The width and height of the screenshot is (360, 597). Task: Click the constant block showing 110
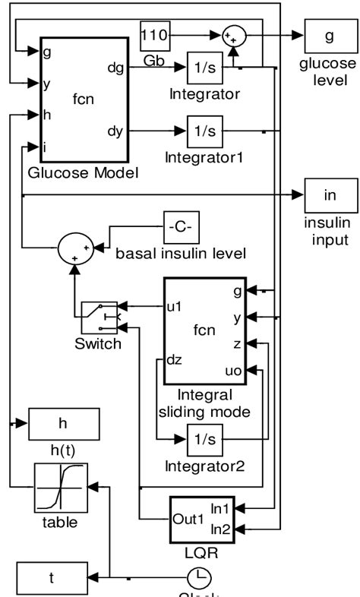click(157, 33)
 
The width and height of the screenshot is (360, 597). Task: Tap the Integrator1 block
click(204, 131)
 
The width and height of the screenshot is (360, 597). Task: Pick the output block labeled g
click(328, 33)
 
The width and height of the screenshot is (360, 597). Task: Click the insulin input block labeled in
click(329, 195)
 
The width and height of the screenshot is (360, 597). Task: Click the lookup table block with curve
click(61, 488)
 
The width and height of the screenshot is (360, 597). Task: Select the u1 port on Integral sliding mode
click(174, 308)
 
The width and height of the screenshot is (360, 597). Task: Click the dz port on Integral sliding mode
click(174, 360)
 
